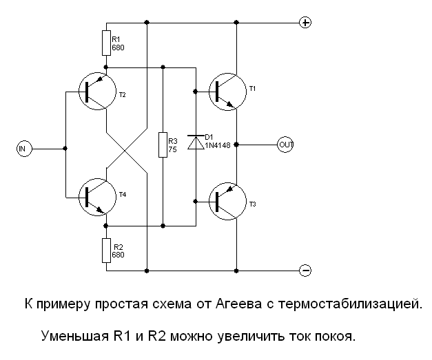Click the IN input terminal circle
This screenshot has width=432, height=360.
[23, 148]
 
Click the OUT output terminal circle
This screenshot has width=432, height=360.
[285, 145]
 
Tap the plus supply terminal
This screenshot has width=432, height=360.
[306, 22]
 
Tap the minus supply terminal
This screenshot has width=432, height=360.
[306, 269]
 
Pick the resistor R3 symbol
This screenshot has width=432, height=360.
[163, 145]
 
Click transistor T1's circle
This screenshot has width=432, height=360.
[228, 89]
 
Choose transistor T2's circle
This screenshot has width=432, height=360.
[97, 91]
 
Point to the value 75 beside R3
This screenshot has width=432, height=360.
[172, 149]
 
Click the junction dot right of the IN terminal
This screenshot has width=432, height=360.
[64, 148]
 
